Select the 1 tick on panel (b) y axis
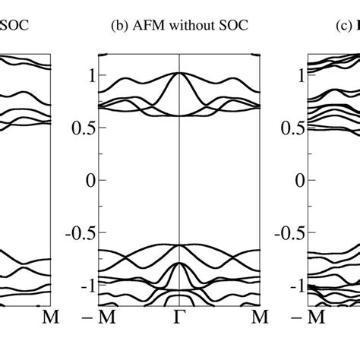pos(91,75)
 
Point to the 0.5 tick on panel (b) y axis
pos(85,128)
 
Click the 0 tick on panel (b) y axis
pos(91,180)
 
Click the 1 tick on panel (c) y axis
pos(300,75)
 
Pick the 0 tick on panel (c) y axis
pos(300,180)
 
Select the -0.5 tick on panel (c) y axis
pos(291,232)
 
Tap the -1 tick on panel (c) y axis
pos(297,285)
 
